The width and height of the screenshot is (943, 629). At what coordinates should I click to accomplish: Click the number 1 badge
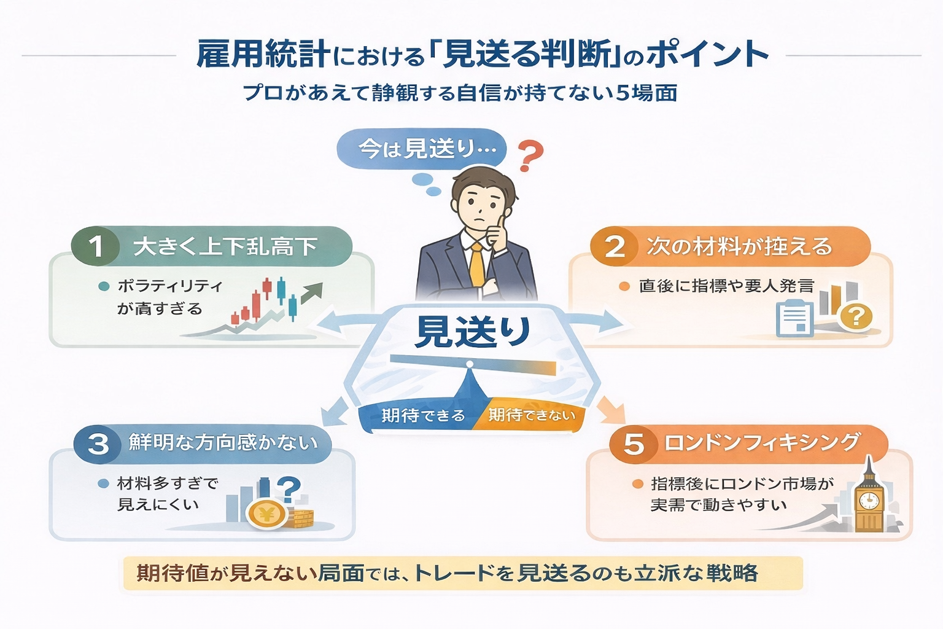pos(96,246)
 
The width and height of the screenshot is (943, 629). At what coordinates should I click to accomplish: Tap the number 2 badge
pos(615,246)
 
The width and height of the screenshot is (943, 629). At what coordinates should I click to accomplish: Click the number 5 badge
pos(634,443)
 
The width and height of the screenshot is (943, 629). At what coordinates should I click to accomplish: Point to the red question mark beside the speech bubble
pos(530,156)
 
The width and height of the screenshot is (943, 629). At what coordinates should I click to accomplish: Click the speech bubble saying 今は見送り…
pos(422,149)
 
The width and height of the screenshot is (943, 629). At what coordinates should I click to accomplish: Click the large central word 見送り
pos(472,332)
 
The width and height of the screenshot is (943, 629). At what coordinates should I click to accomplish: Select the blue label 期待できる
pos(422,416)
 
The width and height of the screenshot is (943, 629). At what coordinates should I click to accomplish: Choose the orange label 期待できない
pos(532,416)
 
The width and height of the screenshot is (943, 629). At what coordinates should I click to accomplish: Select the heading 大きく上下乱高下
pos(225,247)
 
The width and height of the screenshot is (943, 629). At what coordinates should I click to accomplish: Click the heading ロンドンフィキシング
pos(762,443)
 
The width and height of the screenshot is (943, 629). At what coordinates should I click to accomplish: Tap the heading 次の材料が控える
pos(739,247)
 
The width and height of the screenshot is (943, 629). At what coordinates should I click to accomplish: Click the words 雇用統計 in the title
pos(263,54)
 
